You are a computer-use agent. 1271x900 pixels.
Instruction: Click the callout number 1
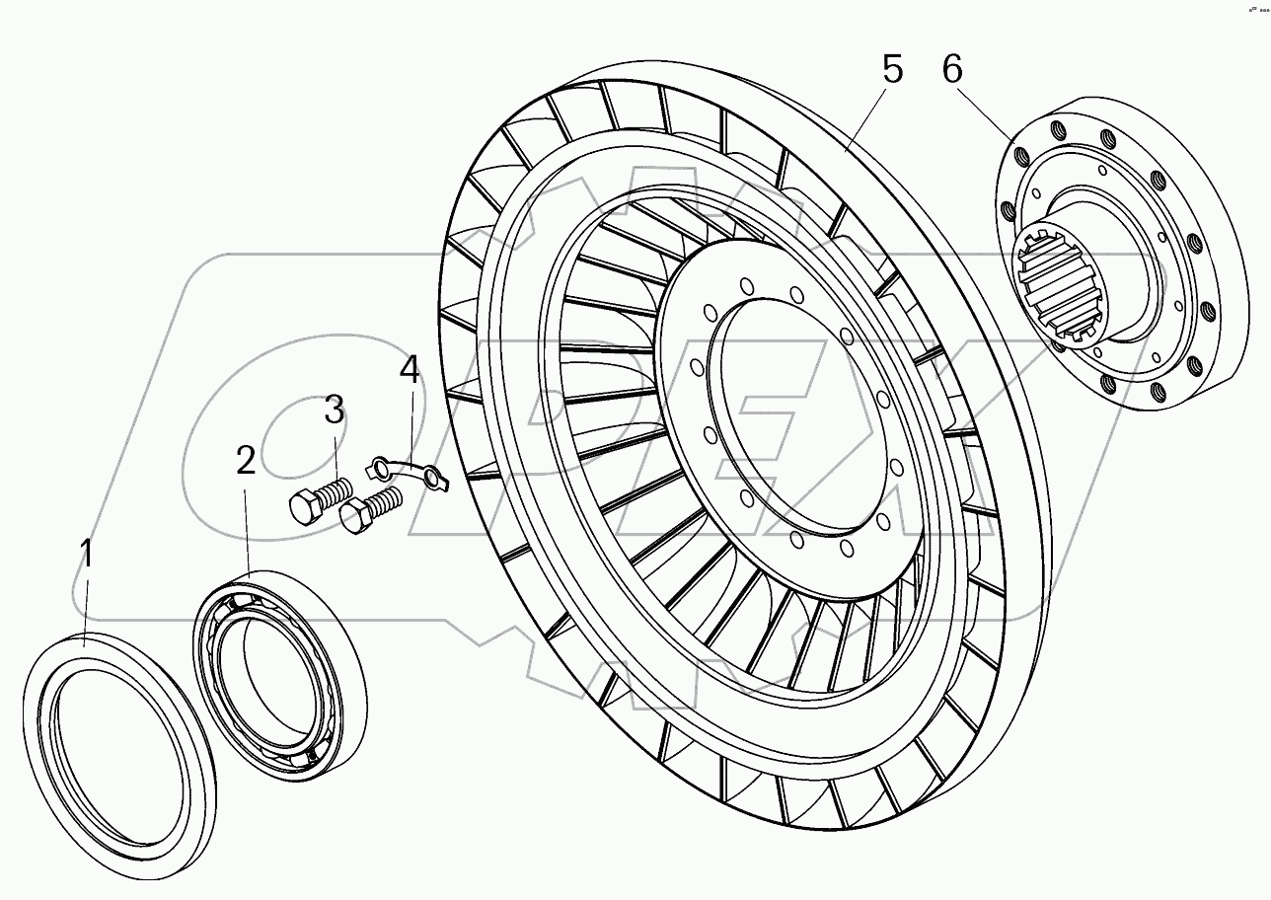(88, 555)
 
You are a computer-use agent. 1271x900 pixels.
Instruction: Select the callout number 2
(246, 460)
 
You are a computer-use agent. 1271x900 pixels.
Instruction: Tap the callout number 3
(335, 409)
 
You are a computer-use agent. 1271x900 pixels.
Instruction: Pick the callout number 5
(891, 70)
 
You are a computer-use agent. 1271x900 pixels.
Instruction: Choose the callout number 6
(951, 70)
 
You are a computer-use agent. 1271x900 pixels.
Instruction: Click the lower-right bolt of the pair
(369, 512)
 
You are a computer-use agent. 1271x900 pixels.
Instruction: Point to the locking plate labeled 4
(408, 469)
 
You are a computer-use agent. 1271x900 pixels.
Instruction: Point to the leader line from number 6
(987, 114)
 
